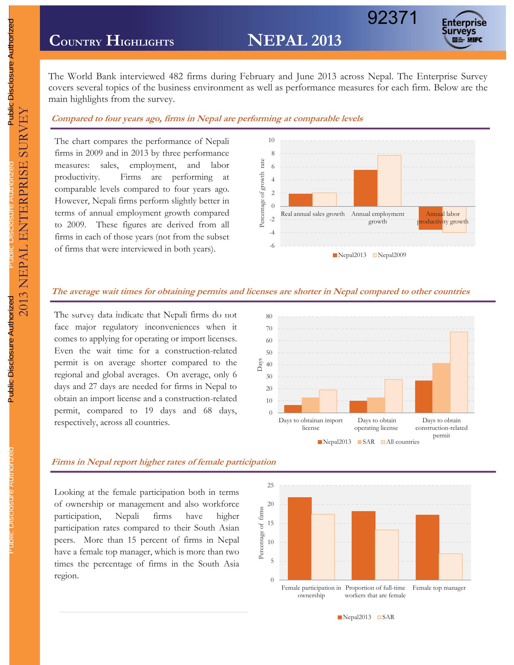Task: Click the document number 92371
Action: coord(392,18)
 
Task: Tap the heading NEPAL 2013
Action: coord(294,40)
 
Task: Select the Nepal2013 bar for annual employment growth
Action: coord(366,188)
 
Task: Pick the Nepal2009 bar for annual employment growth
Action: coord(389,181)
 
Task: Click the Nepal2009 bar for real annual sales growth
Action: coord(324,199)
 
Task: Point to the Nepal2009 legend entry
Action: coord(389,255)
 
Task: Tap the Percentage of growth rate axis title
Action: coord(262,193)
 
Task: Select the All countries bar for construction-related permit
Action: coord(459,372)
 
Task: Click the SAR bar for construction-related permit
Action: coord(441,388)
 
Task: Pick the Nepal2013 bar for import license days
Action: coord(293,409)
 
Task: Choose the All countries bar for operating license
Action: coord(393,396)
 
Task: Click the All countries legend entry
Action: coord(400,442)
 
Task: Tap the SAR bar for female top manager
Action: coord(451,567)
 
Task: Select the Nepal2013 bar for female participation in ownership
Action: coord(300,538)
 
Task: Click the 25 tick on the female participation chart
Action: coord(270,485)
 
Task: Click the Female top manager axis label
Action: coord(439,588)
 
